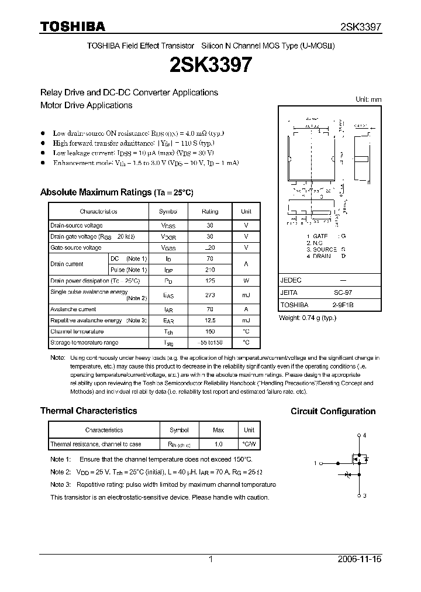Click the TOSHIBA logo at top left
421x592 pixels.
point(73,26)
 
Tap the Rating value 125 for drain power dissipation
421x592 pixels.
point(210,281)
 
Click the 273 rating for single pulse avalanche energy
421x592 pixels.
point(210,295)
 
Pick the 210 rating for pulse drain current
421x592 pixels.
point(210,270)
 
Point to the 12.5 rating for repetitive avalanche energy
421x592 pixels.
point(210,321)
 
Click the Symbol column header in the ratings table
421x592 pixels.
point(168,212)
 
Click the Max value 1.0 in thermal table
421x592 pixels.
point(218,444)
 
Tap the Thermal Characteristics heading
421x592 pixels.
point(88,411)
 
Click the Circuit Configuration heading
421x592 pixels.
point(333,411)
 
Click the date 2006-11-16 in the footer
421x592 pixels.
point(360,559)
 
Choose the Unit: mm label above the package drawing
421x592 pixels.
point(368,99)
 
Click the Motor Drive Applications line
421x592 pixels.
point(86,105)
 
